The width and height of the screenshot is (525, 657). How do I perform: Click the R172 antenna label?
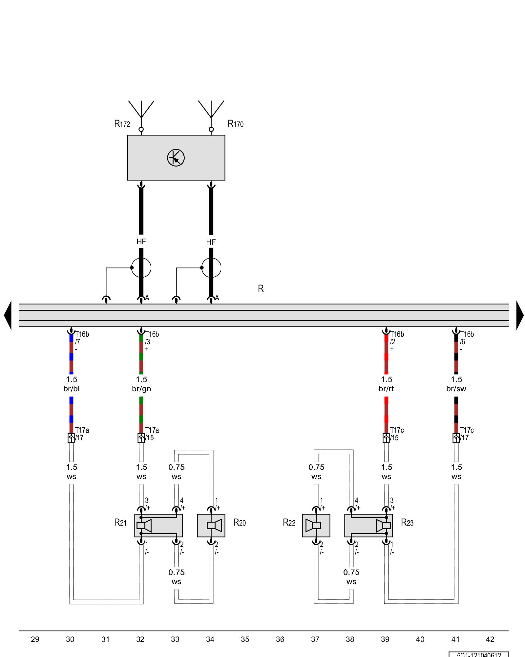122,124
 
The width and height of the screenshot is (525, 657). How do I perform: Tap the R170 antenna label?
236,124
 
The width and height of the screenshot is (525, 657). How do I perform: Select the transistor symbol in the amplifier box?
176,158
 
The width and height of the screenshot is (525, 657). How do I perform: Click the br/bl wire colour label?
72,389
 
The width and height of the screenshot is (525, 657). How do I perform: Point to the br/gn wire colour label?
141,389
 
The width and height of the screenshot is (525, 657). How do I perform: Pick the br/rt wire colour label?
386,389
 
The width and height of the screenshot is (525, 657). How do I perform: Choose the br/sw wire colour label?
456,389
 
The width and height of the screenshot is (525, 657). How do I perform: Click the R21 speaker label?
120,522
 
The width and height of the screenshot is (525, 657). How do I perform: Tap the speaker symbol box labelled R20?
211,526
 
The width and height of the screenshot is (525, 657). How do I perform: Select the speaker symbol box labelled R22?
316,526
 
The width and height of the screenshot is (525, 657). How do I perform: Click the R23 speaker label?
407,523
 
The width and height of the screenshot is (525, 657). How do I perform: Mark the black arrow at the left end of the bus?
8,315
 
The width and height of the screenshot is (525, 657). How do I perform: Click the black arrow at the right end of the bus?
520,315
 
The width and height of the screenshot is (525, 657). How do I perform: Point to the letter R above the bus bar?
261,288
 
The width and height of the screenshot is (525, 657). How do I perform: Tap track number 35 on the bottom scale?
245,639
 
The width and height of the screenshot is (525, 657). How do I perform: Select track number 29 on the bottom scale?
35,639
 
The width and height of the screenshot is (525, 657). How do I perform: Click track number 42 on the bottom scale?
490,639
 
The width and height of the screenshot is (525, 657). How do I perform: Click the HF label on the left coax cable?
141,242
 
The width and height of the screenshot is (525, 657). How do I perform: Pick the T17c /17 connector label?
466,434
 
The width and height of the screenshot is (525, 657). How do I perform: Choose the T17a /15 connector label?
151,434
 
